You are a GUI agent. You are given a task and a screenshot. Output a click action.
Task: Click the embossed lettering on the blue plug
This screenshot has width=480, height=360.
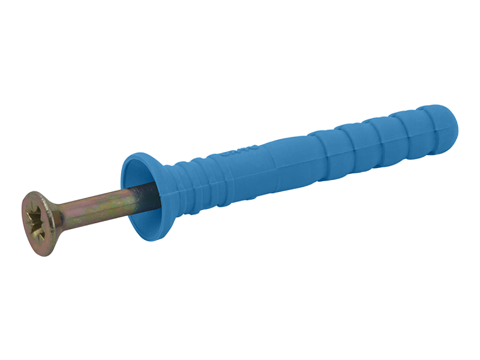tap(240, 151)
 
